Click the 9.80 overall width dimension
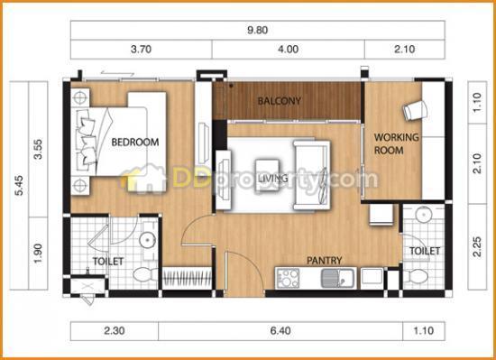point(258,30)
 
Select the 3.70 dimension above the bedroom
point(141,49)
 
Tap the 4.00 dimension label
point(289,49)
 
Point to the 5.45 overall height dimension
point(19,185)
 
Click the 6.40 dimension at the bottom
point(280,330)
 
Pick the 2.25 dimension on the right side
point(477,246)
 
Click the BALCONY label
point(279,101)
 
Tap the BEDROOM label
point(135,142)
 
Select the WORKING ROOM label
point(397,143)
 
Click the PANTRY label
point(325,261)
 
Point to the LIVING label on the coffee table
point(273,179)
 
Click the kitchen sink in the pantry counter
point(337,278)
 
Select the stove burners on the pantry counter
point(288,278)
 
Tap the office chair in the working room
point(415,110)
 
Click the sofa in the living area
point(312,175)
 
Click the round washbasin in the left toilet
point(147,240)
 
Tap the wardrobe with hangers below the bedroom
point(187,278)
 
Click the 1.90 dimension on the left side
point(38,253)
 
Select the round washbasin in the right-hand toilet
point(424,215)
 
